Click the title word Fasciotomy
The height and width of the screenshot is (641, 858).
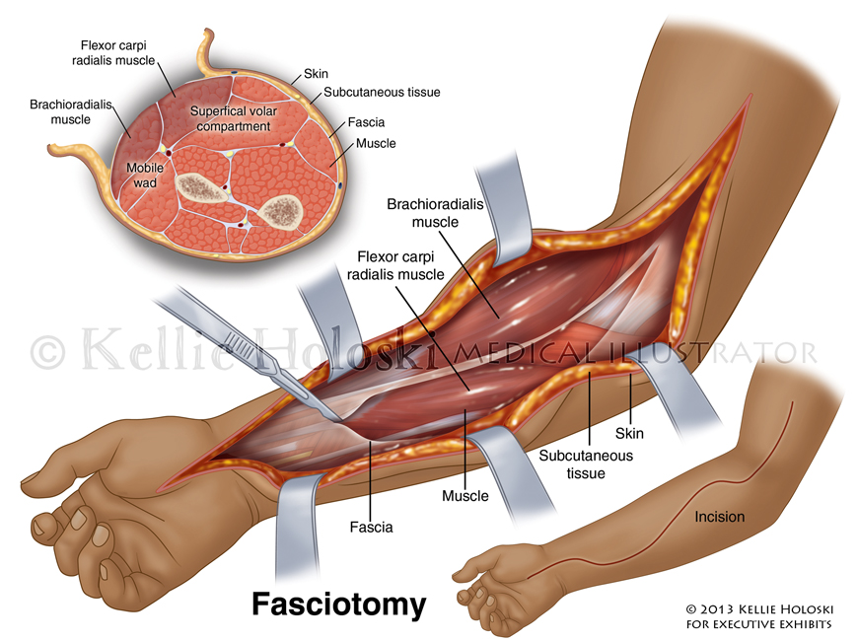[x=338, y=603]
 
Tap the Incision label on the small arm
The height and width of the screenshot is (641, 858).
[x=719, y=517]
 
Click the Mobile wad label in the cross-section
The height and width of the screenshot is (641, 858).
[x=144, y=176]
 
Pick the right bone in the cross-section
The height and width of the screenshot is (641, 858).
[x=282, y=209]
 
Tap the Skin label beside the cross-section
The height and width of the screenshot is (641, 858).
[x=316, y=74]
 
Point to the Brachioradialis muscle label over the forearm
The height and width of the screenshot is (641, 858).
[x=422, y=213]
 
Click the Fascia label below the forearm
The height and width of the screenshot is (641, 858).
[x=371, y=527]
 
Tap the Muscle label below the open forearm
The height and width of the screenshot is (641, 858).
[x=465, y=495]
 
